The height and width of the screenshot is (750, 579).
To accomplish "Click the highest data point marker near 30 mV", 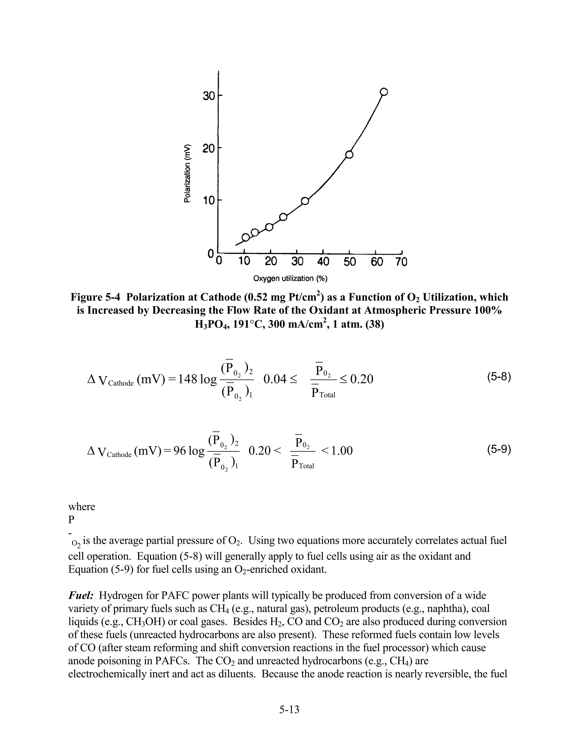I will tap(384, 92).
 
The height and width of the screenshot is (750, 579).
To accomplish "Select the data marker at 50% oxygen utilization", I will tap(349, 155).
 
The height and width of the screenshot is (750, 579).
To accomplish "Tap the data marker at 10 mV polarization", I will tap(304, 201).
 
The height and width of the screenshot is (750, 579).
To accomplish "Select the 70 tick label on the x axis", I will tap(401, 262).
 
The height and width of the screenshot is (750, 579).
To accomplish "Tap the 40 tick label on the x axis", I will tap(323, 262).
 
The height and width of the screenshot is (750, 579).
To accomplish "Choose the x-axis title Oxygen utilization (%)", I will tap(290, 278).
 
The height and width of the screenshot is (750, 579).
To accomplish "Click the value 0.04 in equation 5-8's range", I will tap(275, 380).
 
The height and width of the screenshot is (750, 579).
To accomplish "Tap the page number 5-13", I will tap(289, 709).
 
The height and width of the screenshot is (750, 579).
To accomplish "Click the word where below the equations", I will tap(82, 507).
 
